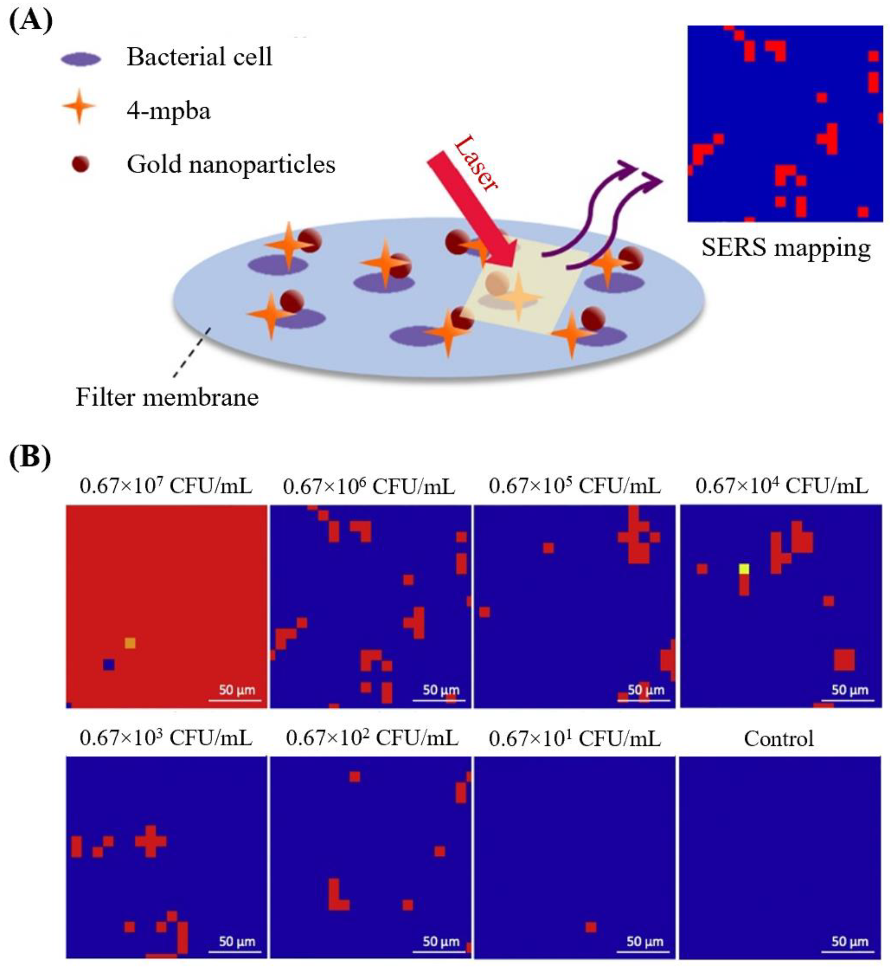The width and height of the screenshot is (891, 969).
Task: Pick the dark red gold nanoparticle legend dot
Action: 81,165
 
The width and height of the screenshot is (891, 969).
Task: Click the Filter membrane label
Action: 167,397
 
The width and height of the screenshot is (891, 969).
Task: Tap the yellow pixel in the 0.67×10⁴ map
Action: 744,569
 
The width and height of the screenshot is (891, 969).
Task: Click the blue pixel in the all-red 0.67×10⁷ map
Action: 109,665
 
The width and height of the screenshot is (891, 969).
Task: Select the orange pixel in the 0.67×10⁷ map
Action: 130,643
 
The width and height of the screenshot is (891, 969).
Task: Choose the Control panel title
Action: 779,738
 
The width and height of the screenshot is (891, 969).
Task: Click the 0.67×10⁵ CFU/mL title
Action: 574,486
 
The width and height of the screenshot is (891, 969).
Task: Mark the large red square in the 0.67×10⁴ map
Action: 844,660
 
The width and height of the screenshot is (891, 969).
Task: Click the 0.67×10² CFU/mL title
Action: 372,738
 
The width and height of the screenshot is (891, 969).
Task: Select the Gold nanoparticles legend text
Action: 231,165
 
